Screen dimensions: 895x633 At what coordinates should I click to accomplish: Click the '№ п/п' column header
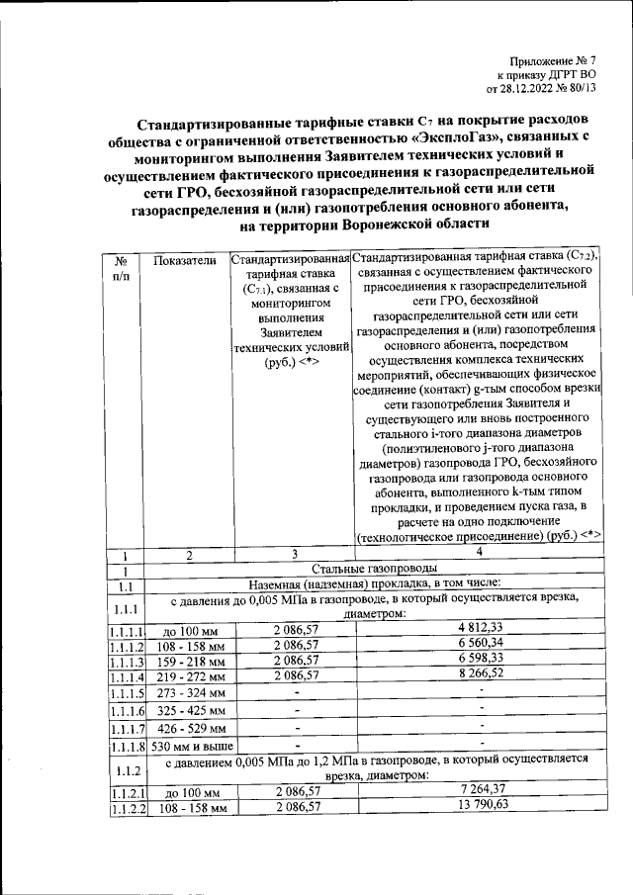click(x=126, y=267)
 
